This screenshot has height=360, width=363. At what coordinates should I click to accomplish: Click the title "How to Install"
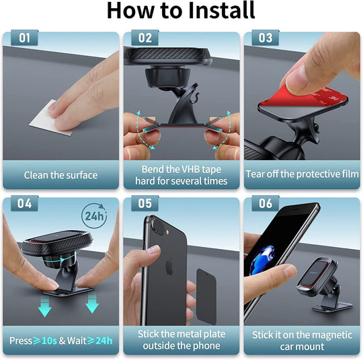pyautogui.click(x=181, y=11)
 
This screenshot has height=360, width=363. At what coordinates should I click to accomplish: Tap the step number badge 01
pyautogui.click(x=25, y=38)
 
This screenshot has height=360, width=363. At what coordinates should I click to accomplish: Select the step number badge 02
pyautogui.click(x=145, y=38)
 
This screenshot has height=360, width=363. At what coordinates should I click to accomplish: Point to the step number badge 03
pyautogui.click(x=266, y=38)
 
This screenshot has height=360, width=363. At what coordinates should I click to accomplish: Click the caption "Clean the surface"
pyautogui.click(x=61, y=175)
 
